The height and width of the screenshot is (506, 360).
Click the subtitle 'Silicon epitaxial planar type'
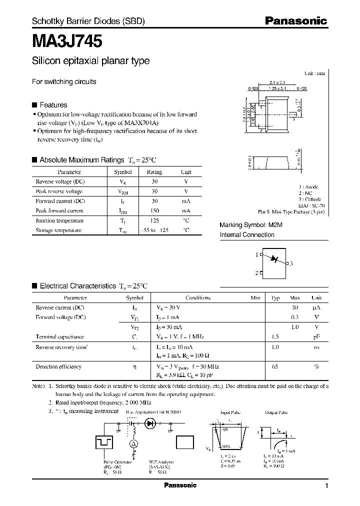pos(90,61)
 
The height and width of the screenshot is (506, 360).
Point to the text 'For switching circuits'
pos(64,81)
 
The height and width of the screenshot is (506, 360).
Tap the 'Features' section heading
pos(53,105)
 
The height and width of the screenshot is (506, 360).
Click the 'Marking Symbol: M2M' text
pos(251,225)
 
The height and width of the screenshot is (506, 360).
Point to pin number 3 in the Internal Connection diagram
pos(291,263)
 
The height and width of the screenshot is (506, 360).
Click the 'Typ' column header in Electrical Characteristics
pos(275,298)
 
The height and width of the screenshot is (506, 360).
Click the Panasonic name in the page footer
pos(180,485)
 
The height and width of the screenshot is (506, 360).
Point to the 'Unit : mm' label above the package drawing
pos(314,73)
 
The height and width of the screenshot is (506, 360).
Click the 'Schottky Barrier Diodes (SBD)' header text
pos(88,21)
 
